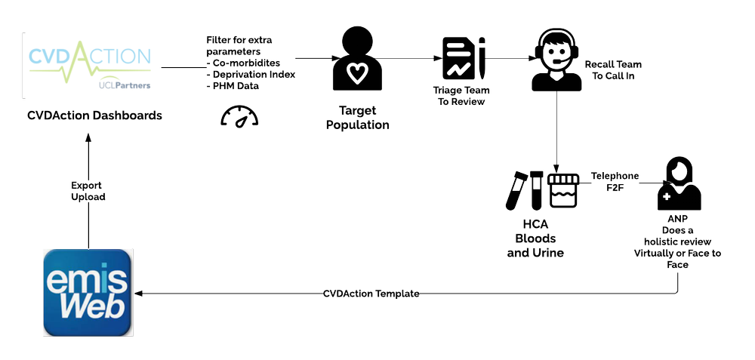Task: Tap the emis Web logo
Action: [87, 292]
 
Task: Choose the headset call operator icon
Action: [557, 59]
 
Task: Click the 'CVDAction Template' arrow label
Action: [371, 294]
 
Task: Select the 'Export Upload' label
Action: [87, 190]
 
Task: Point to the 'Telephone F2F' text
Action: [615, 181]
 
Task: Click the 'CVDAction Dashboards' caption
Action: [94, 116]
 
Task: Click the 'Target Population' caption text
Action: [357, 118]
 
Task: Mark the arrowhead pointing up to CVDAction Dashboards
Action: [88, 137]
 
